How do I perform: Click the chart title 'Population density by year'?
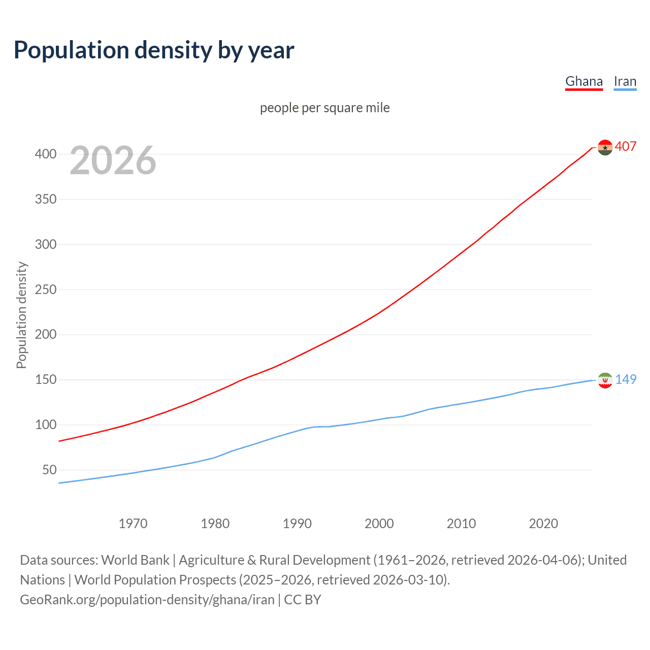click(154, 50)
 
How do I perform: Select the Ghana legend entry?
click(584, 81)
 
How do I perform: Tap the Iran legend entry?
click(625, 81)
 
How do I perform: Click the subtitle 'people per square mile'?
click(324, 108)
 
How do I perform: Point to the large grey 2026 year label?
click(113, 160)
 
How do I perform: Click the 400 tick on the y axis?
click(46, 154)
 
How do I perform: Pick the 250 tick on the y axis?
click(46, 289)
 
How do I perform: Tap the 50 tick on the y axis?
click(49, 470)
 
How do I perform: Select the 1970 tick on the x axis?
click(133, 524)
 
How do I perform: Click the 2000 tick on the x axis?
click(379, 524)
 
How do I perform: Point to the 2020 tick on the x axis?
click(543, 524)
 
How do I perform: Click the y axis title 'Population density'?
click(21, 315)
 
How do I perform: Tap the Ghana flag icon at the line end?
click(605, 147)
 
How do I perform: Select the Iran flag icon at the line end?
click(605, 380)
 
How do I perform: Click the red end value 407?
click(626, 146)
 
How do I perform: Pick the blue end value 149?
click(626, 379)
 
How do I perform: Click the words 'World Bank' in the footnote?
click(135, 560)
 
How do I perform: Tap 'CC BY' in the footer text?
click(303, 600)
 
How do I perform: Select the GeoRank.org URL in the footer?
click(147, 600)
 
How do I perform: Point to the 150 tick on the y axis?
click(46, 380)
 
